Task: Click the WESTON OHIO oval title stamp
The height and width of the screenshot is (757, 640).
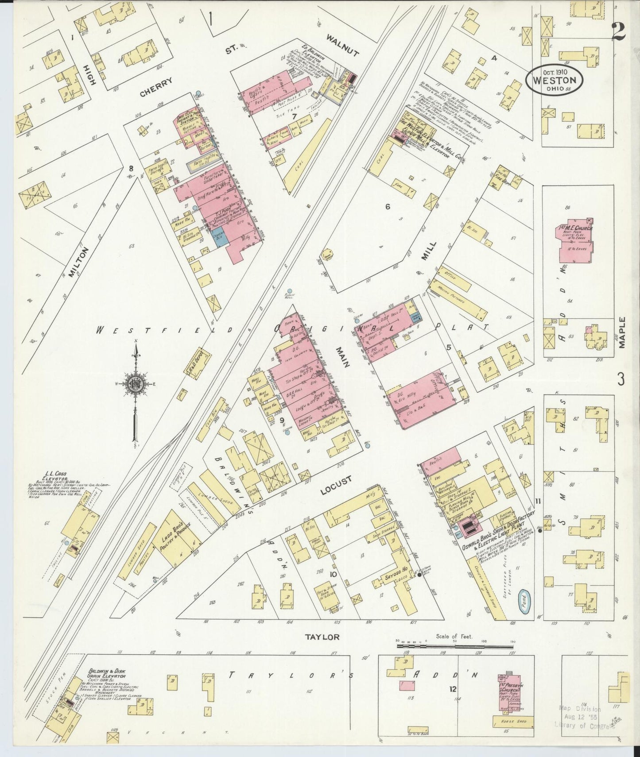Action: coord(555,79)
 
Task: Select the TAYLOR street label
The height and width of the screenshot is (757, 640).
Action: coord(322,637)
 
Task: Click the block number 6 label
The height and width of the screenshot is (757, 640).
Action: coord(388,205)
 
